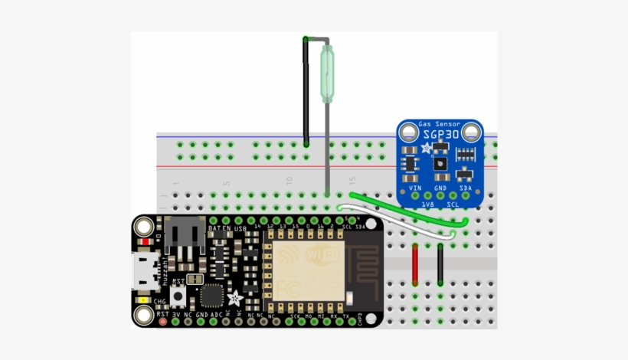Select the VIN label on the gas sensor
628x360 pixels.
pyautogui.click(x=416, y=187)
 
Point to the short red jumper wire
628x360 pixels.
pyautogui.click(x=415, y=264)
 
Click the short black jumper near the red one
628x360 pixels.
pyautogui.click(x=440, y=264)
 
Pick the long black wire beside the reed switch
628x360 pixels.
pyautogui.click(x=306, y=90)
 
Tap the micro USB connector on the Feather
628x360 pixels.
pyautogui.click(x=143, y=272)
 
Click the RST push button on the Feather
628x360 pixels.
pyautogui.click(x=179, y=295)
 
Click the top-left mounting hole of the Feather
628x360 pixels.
pyautogui.click(x=143, y=227)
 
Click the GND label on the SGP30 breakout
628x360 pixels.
pyautogui.click(x=440, y=187)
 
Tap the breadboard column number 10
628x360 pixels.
pyautogui.click(x=289, y=182)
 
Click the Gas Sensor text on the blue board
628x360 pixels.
pyautogui.click(x=440, y=123)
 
